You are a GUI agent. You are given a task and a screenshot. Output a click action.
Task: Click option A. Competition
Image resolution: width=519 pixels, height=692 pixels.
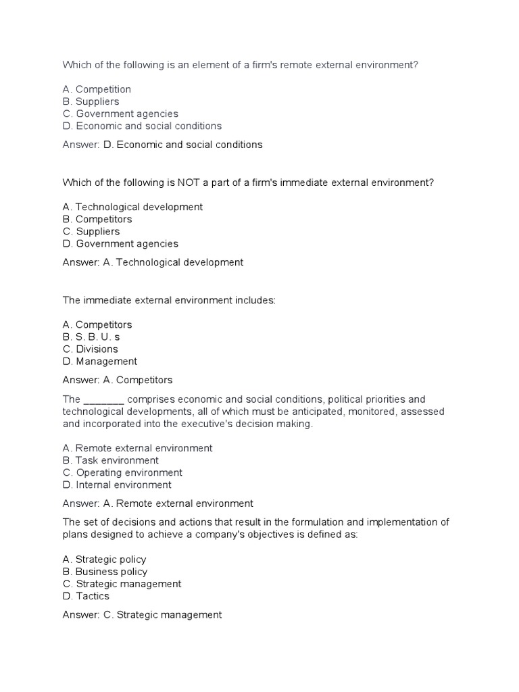[x=97, y=89]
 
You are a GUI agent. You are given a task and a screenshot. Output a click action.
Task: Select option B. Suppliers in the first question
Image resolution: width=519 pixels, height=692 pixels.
[x=91, y=101]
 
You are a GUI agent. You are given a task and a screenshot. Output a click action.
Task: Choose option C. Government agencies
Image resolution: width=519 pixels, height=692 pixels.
[x=120, y=114]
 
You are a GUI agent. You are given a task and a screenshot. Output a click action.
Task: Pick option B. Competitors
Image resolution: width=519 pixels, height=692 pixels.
[x=97, y=219]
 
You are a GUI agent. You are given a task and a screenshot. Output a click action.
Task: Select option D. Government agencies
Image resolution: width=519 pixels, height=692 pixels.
[x=120, y=243]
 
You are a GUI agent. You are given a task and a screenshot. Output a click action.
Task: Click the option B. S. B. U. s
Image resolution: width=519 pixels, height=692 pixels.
[x=91, y=337]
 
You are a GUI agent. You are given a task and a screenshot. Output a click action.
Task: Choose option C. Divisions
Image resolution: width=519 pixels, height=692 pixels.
[x=90, y=349]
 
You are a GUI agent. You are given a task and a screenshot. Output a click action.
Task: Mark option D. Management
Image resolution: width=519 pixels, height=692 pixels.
[x=99, y=361]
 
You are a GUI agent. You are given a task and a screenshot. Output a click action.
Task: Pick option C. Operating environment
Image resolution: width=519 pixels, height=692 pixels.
[x=122, y=472]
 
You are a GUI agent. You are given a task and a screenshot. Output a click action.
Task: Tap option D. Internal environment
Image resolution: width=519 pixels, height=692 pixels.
[x=117, y=485]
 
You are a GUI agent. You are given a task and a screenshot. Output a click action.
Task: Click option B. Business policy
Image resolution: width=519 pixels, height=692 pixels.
[x=105, y=572]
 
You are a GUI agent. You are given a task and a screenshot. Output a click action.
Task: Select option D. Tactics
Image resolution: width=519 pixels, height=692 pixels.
[x=86, y=596]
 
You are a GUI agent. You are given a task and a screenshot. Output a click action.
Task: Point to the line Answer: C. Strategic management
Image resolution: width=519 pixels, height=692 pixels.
[x=142, y=615]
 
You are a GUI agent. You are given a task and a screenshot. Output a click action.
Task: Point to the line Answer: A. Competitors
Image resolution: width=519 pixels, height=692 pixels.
[x=118, y=380]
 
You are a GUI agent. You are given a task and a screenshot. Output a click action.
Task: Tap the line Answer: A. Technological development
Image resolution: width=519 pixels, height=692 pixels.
[x=153, y=262]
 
